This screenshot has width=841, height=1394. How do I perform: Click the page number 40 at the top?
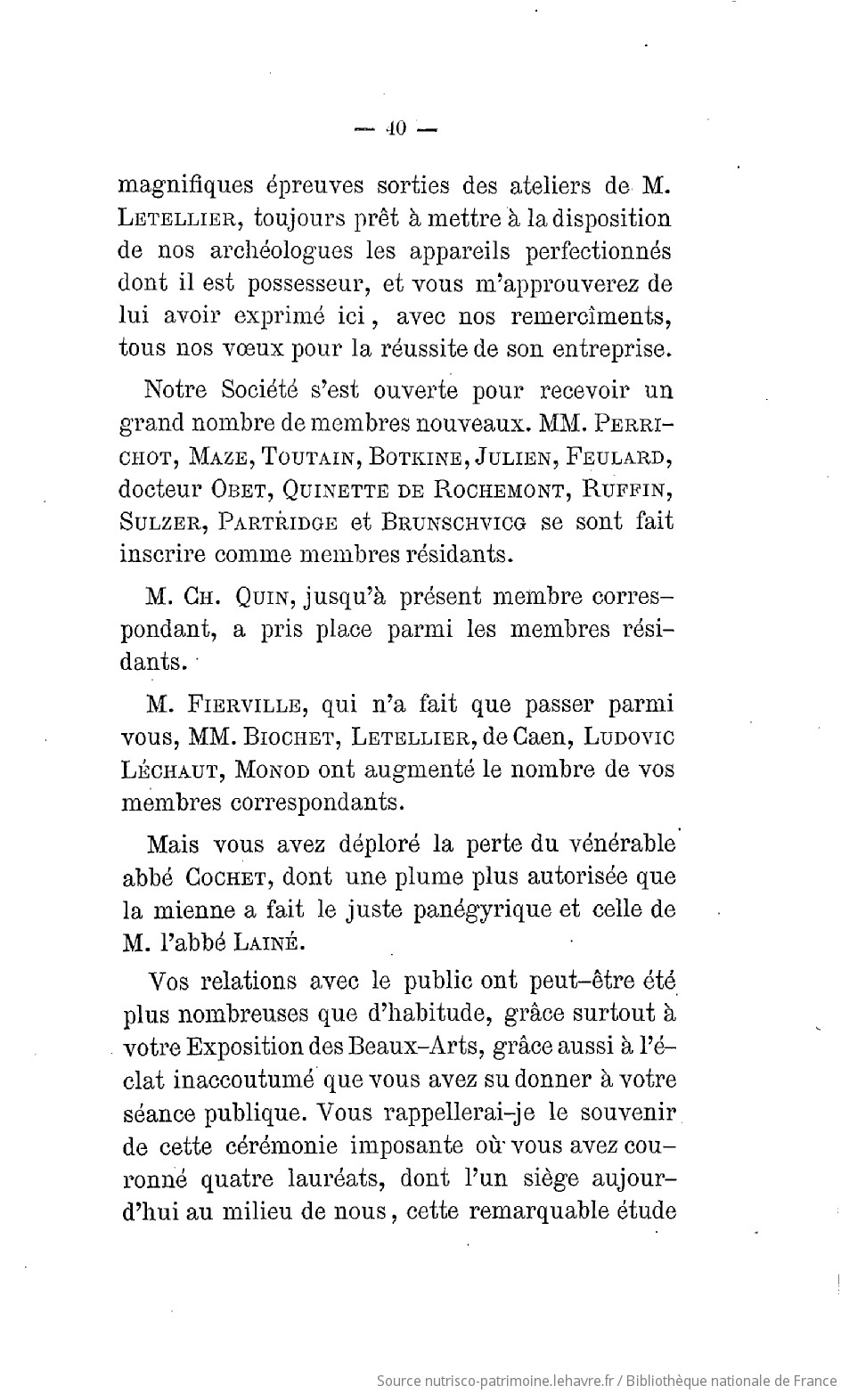click(393, 128)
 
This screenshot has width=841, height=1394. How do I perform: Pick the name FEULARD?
click(618, 457)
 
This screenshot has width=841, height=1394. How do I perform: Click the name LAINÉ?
click(272, 942)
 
